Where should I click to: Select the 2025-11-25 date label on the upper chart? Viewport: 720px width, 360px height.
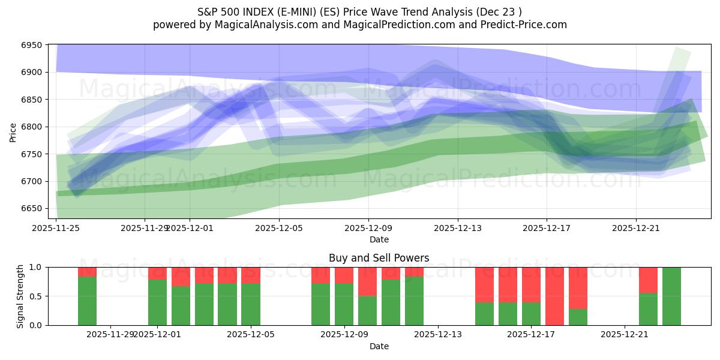(x=56, y=228)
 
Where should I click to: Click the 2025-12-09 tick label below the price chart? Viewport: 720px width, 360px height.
(x=368, y=228)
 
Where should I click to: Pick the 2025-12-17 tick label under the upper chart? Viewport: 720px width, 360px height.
(x=546, y=228)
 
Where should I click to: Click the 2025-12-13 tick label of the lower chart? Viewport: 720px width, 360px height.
(x=438, y=334)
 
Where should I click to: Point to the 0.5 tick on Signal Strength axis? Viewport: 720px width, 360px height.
(x=35, y=296)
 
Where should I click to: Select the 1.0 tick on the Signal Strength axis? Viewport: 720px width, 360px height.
(x=35, y=267)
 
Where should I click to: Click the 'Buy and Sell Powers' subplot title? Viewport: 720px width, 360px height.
(x=379, y=258)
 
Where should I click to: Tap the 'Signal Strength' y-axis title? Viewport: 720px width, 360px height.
(x=20, y=296)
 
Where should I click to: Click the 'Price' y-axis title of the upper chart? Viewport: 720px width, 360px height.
(x=13, y=131)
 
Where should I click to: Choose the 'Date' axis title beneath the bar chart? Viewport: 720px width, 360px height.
(x=379, y=346)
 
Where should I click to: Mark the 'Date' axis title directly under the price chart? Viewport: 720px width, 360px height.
(x=379, y=239)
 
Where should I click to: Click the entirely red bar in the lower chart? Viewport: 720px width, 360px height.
(x=554, y=296)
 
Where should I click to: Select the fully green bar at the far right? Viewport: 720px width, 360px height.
(x=671, y=296)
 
